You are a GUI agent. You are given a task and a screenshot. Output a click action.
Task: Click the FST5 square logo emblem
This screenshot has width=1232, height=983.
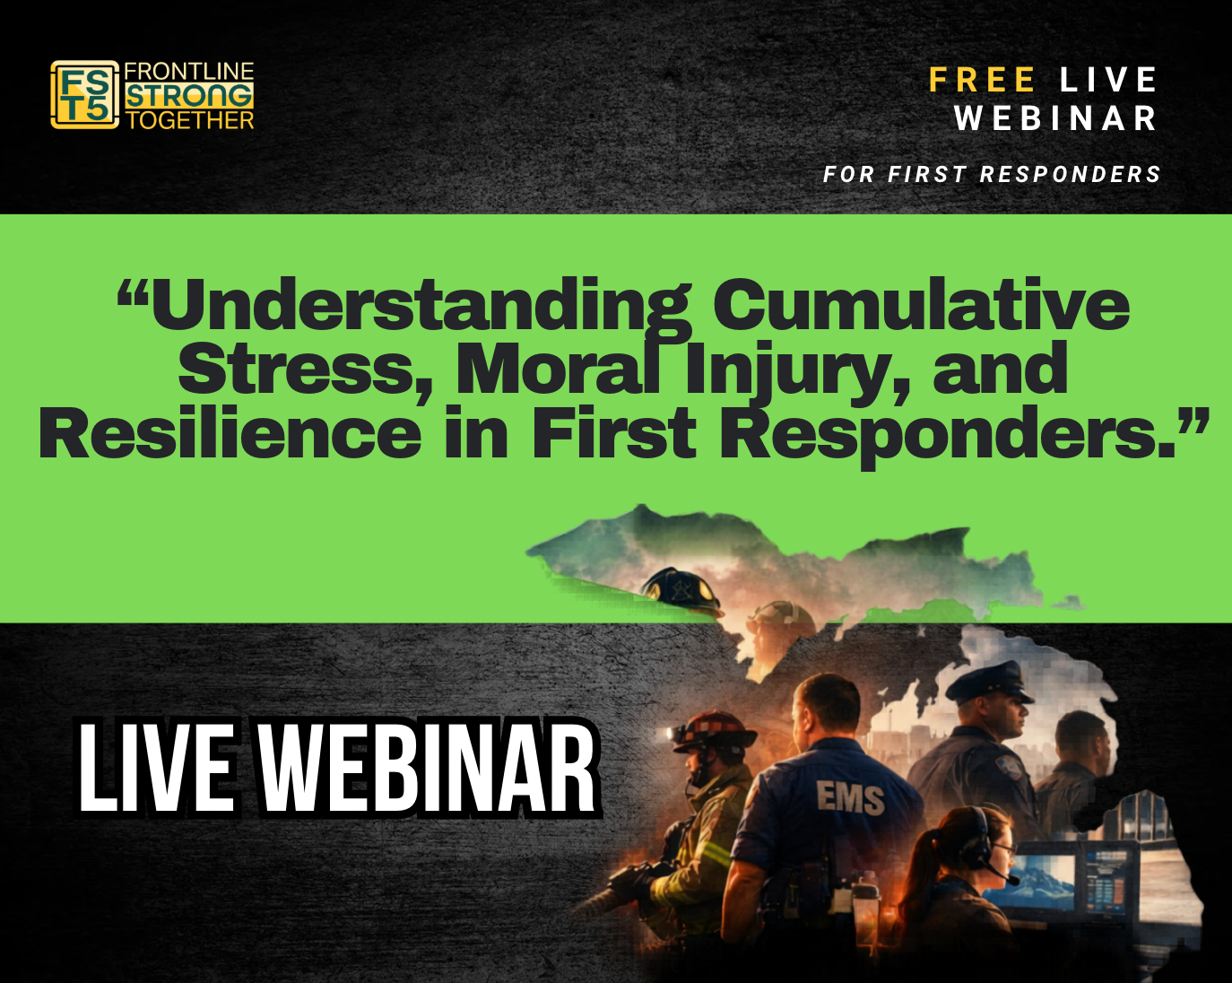coord(84,94)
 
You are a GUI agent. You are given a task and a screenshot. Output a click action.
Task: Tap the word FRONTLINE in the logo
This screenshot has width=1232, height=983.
coord(188,72)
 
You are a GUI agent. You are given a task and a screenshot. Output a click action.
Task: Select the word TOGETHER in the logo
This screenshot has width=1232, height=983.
coord(190,120)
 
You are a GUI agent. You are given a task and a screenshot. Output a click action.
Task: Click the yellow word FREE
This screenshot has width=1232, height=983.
coord(983,80)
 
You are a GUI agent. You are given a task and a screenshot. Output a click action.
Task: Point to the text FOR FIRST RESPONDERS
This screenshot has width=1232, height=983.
coord(992,174)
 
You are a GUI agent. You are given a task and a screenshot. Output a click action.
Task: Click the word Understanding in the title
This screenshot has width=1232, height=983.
coord(421,305)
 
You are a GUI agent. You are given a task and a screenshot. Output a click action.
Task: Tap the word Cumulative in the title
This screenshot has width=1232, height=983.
coord(921,305)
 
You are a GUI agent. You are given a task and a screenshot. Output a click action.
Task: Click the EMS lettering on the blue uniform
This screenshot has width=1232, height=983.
coord(849,797)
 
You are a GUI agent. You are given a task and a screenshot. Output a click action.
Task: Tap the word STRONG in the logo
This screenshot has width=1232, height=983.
coord(189,96)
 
